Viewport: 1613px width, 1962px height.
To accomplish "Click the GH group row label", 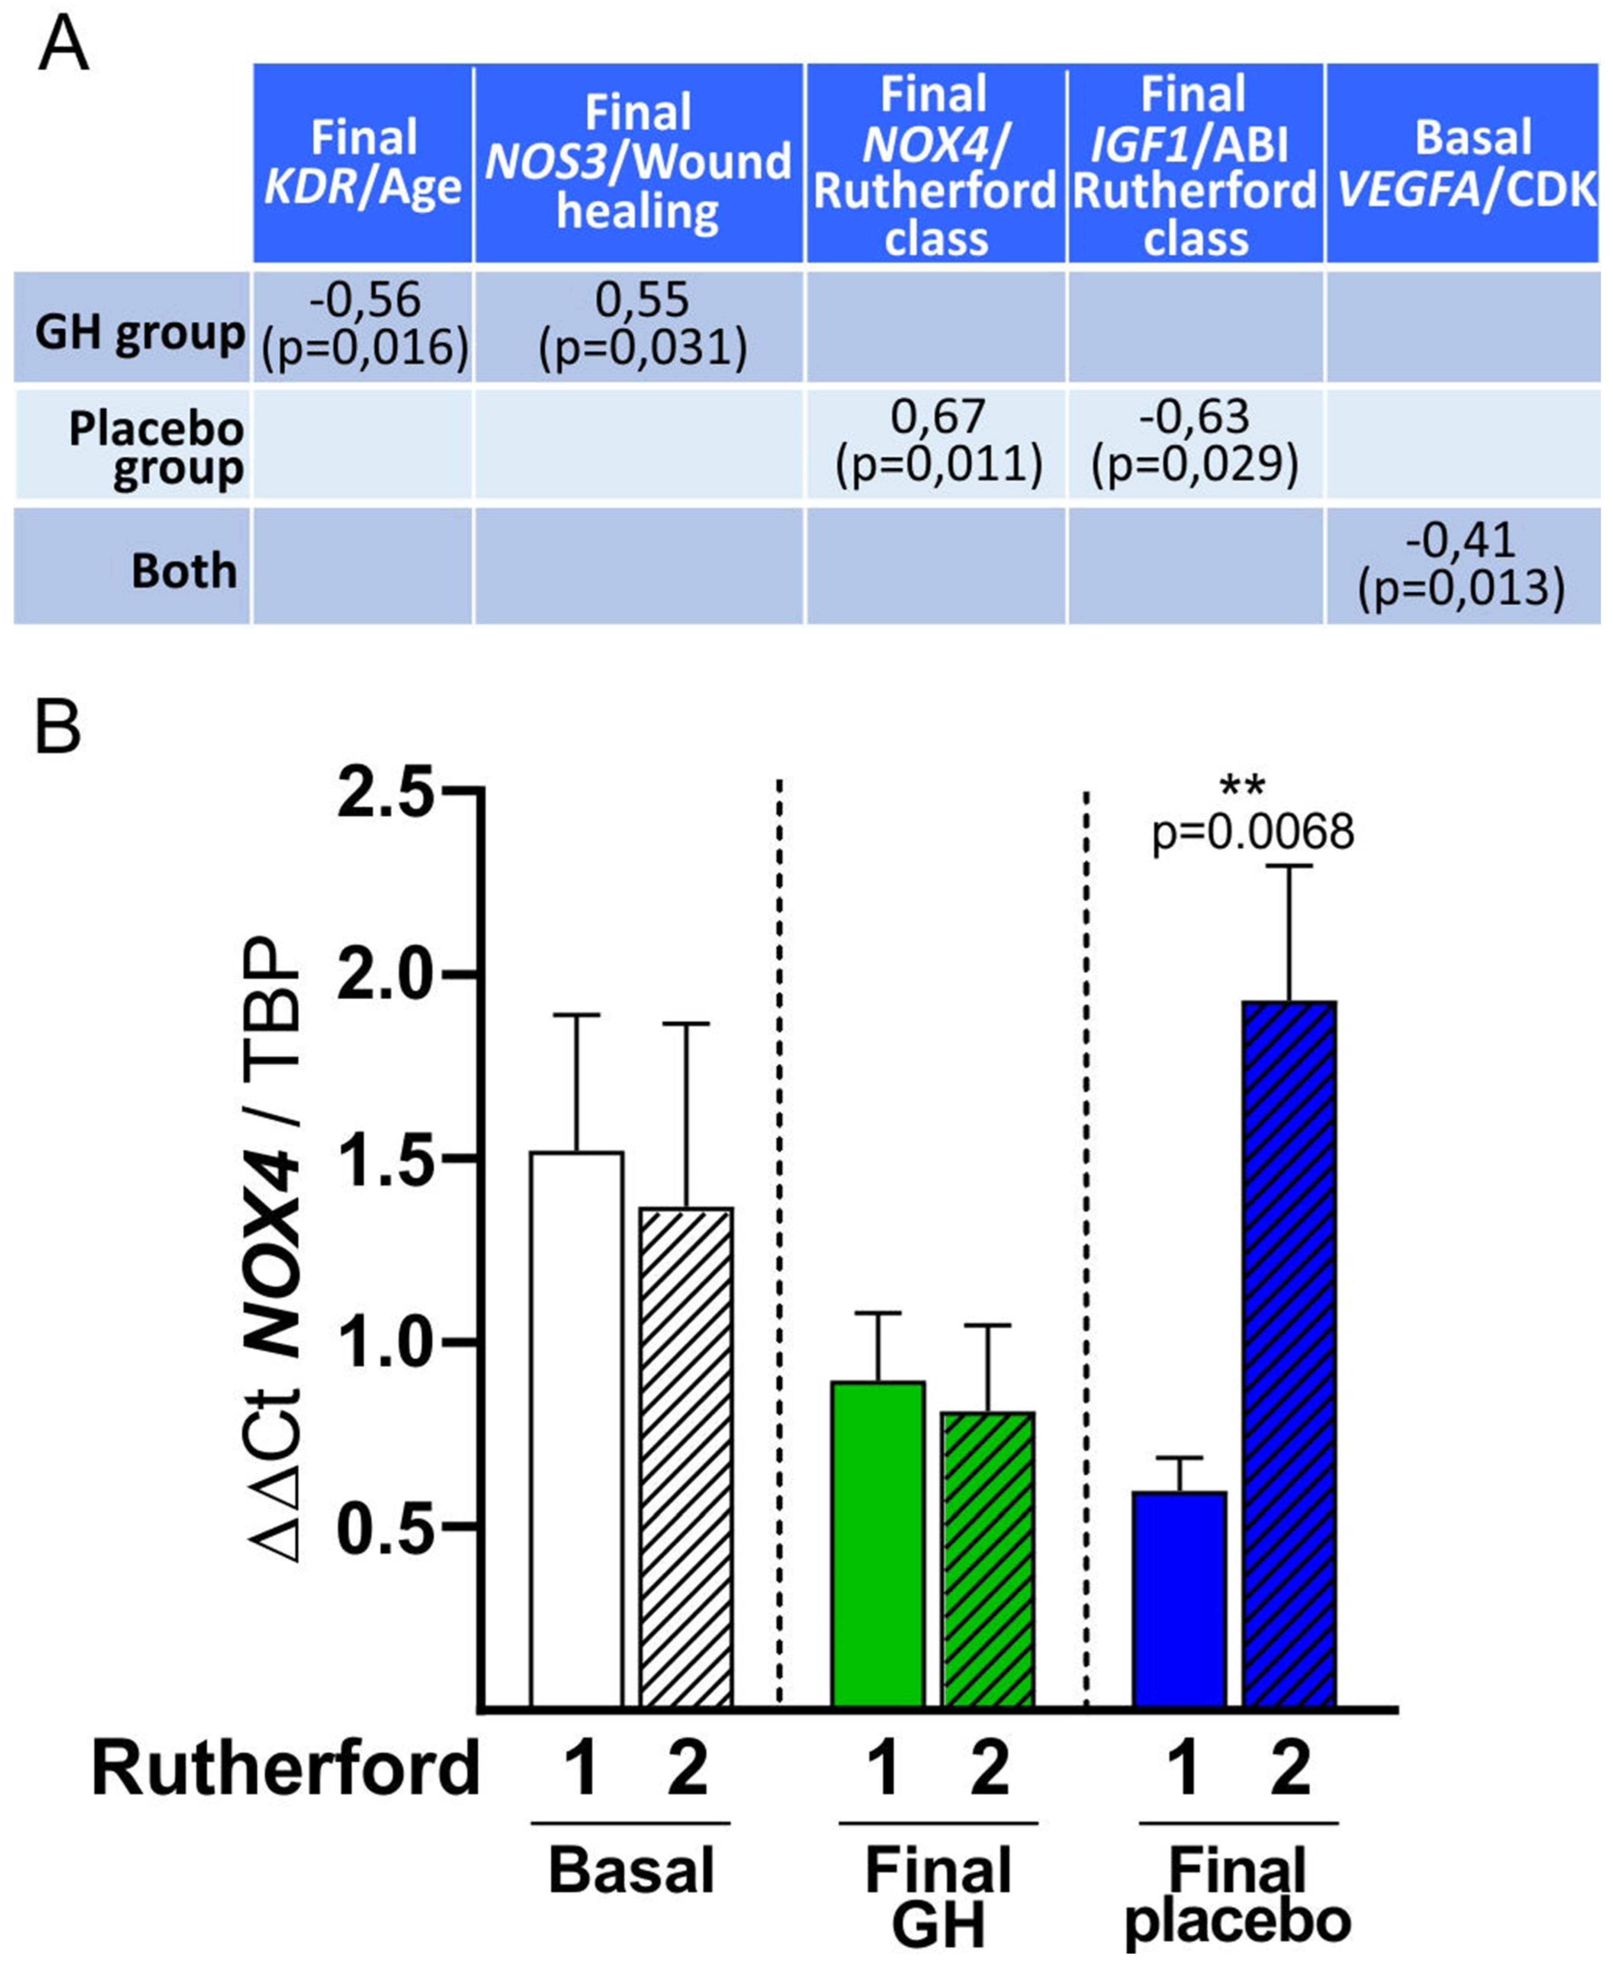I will click(139, 332).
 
